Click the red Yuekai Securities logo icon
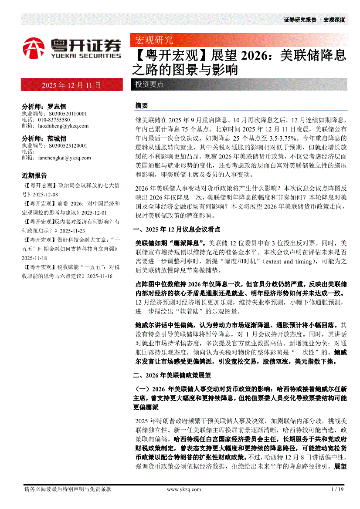point(34,48)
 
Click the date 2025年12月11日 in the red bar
point(71,85)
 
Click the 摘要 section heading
point(142,106)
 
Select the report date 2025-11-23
point(72,231)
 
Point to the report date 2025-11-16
point(100,276)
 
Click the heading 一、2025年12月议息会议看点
point(177,229)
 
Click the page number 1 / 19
point(338,489)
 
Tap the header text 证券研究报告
point(300,20)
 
